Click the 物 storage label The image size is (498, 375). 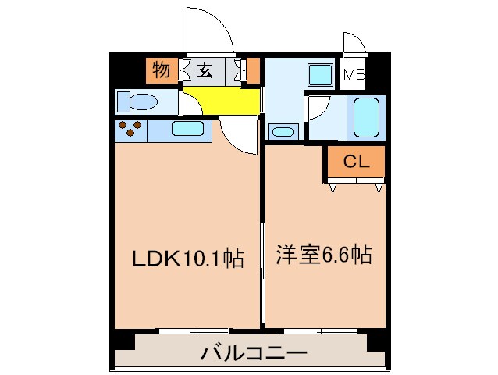pyautogui.click(x=162, y=71)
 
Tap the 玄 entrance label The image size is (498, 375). pyautogui.click(x=205, y=72)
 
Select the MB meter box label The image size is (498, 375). pyautogui.click(x=355, y=75)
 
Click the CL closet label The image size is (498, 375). pyautogui.click(x=356, y=162)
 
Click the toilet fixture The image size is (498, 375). pyautogui.click(x=137, y=102)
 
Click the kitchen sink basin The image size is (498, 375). pyautogui.click(x=187, y=130)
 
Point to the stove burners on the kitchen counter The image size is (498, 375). pyautogui.click(x=130, y=129)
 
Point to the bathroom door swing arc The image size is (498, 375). pyautogui.click(x=315, y=109)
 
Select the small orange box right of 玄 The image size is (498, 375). pyautogui.click(x=252, y=71)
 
